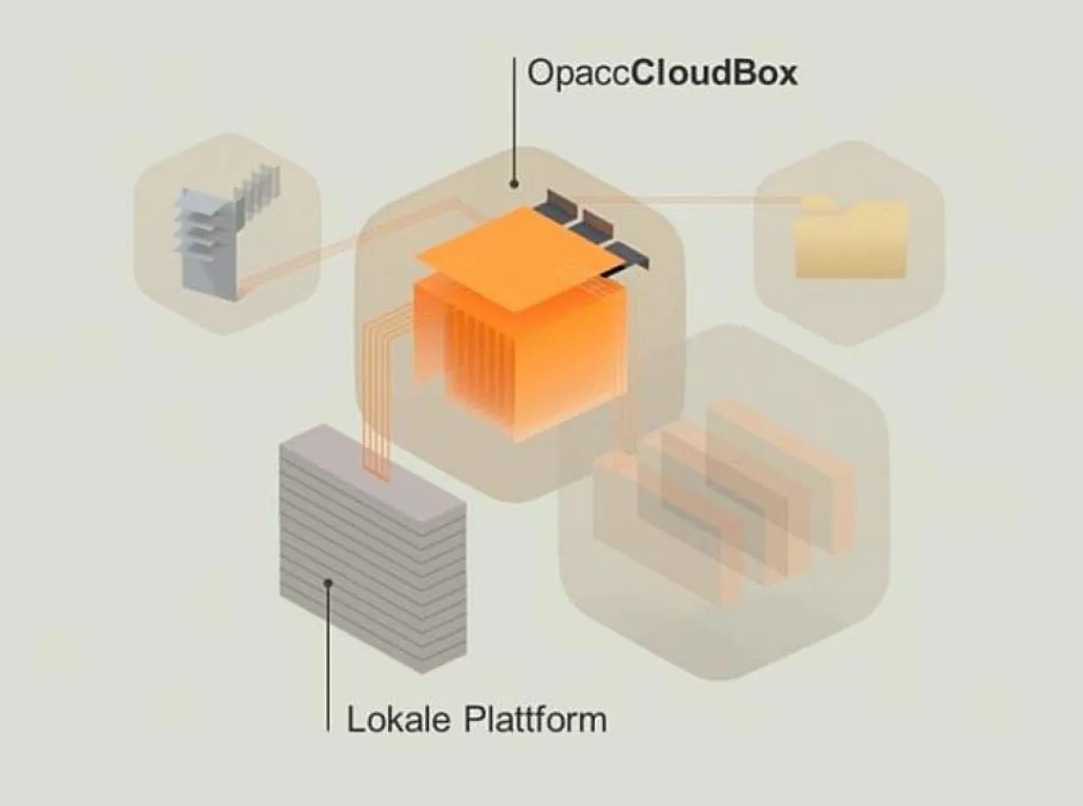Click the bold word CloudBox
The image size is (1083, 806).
pos(714,72)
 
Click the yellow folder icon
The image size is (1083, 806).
pos(850,240)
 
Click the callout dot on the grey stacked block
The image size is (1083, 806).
pos(329,583)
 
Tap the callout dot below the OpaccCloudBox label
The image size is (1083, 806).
pos(514,184)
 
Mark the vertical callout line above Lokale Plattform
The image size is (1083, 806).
pos(329,659)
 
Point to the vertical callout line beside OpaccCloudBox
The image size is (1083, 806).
pos(514,117)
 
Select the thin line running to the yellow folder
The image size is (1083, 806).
pos(695,199)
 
